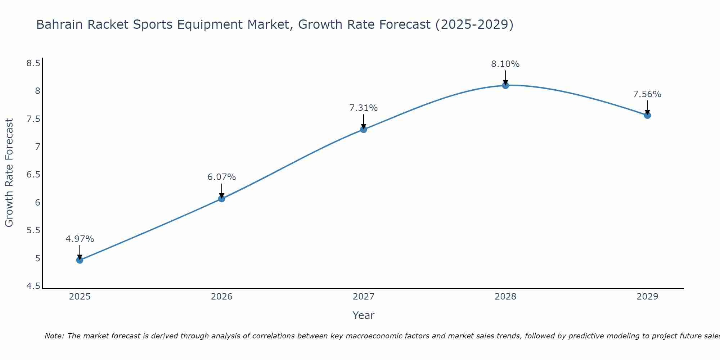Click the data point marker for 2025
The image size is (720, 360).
(x=80, y=260)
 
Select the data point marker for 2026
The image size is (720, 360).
(x=221, y=198)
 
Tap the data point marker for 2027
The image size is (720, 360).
(x=364, y=129)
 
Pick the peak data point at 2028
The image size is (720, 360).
(x=505, y=85)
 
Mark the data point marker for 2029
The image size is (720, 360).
(x=647, y=115)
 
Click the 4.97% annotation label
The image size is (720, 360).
(x=80, y=239)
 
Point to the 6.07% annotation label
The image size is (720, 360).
(x=221, y=177)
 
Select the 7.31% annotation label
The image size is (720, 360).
(x=364, y=108)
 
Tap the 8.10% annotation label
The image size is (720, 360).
(x=505, y=64)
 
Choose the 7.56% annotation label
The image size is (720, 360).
(x=647, y=94)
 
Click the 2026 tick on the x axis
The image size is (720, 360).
(x=221, y=297)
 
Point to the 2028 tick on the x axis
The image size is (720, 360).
(x=505, y=297)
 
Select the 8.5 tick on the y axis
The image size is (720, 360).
(x=33, y=63)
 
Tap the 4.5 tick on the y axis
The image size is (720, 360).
(x=33, y=286)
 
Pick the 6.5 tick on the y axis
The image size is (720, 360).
(x=33, y=175)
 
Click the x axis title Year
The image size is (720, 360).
(x=364, y=315)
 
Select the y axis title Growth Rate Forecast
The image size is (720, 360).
(x=9, y=173)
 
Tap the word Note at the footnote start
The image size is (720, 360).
(x=54, y=336)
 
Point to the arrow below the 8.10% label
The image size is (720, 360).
(x=505, y=77)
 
